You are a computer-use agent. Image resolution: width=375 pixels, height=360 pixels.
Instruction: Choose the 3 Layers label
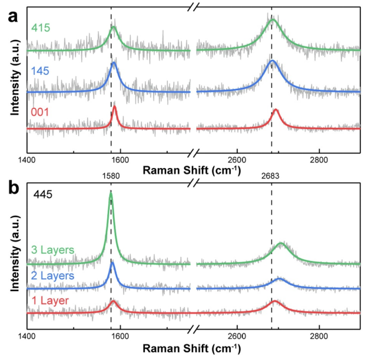[52, 250]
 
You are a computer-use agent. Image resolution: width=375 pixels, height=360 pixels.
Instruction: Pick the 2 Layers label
[52, 275]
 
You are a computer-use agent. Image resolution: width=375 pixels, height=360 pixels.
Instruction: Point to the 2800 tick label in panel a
[319, 160]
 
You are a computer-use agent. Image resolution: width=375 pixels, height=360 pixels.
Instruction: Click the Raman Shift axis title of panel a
[194, 170]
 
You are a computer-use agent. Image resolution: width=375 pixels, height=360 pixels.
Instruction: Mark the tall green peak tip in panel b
[111, 192]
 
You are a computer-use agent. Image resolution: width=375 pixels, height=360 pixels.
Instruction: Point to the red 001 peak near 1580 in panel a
[114, 107]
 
